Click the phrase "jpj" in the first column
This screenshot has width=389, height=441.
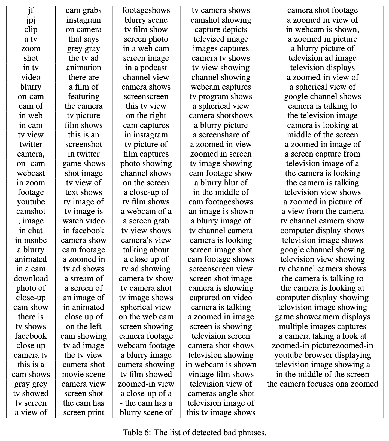[x=31, y=20]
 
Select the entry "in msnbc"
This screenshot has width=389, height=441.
[x=31, y=240]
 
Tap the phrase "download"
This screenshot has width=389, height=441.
[x=31, y=279]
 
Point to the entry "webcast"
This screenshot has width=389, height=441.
[x=31, y=173]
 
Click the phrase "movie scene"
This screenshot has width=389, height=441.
[x=84, y=375]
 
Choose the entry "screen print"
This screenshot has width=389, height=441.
[x=84, y=413]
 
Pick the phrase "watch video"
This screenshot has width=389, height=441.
[x=84, y=221]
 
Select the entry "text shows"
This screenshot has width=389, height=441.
[x=84, y=192]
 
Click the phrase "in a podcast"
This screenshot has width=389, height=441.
[x=146, y=68]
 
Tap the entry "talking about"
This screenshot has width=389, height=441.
[x=146, y=250]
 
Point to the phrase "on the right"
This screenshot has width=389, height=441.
[x=146, y=116]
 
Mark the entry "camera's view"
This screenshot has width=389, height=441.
[x=146, y=240]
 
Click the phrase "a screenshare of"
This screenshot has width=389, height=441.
[x=221, y=135]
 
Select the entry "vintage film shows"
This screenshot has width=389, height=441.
[x=221, y=375]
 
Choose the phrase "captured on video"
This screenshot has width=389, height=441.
[x=221, y=298]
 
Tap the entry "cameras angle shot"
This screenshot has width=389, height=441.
[x=221, y=394]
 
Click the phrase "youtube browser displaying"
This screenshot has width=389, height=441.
[x=323, y=355]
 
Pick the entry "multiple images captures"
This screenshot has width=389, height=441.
[x=323, y=327]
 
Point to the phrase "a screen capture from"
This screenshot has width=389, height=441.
[x=323, y=154]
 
